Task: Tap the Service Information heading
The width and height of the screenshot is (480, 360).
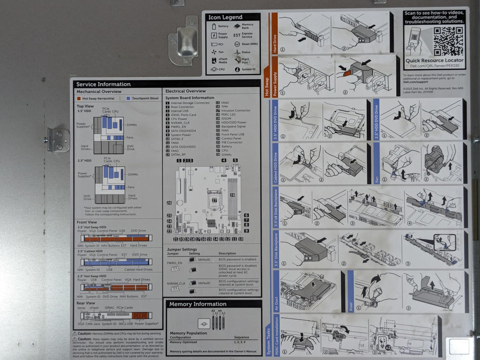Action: click(x=103, y=84)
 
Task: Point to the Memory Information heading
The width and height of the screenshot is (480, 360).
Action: click(x=198, y=304)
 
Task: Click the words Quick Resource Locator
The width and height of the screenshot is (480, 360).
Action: click(x=434, y=60)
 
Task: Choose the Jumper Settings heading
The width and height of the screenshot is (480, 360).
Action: click(x=182, y=249)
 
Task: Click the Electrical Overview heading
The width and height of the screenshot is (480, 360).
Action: click(x=185, y=91)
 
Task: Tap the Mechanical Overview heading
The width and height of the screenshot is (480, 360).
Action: click(x=99, y=92)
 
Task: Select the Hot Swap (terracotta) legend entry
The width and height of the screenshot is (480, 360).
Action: click(x=96, y=98)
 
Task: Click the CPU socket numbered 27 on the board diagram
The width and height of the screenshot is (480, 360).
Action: click(x=214, y=200)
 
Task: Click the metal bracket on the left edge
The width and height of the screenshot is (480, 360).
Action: click(x=59, y=140)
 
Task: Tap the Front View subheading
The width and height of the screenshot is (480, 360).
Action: click(x=86, y=222)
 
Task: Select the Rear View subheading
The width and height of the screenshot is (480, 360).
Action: click(x=86, y=303)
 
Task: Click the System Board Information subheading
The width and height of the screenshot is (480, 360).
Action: click(x=190, y=98)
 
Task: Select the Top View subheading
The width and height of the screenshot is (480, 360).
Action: click(x=85, y=106)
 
